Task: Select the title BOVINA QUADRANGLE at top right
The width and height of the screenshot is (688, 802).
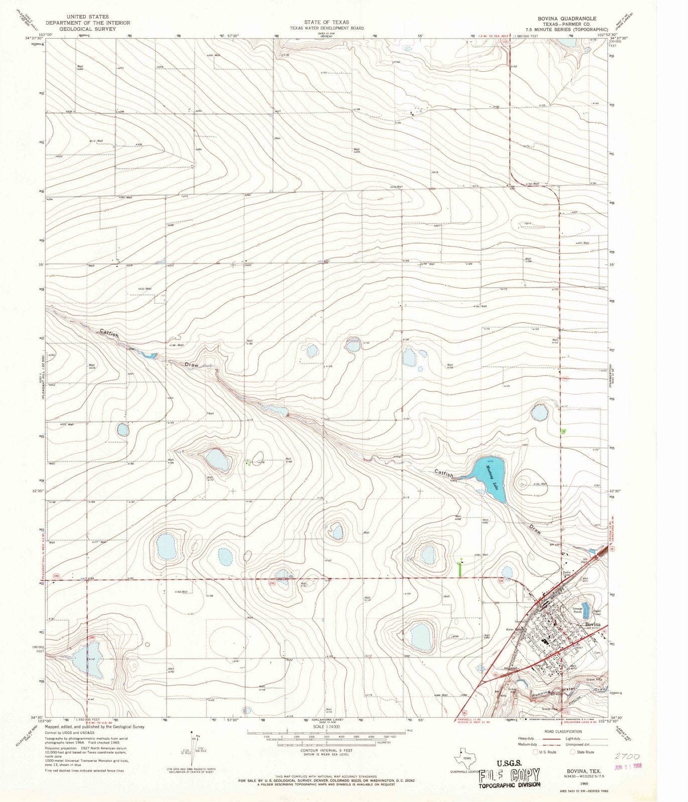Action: coord(560,18)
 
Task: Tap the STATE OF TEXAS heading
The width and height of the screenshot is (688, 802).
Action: coord(327,23)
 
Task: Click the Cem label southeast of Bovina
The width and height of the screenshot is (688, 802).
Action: coord(597,653)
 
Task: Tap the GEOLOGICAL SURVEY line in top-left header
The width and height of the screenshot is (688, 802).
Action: coord(88,29)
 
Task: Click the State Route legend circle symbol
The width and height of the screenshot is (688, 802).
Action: coord(572,752)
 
